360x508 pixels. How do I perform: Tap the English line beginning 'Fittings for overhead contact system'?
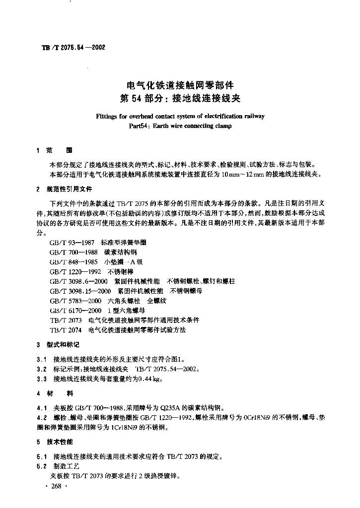pyautogui.click(x=180, y=117)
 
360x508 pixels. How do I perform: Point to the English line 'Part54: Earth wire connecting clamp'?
pyautogui.click(x=180, y=126)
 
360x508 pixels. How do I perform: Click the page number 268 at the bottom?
pyautogui.click(x=56, y=486)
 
